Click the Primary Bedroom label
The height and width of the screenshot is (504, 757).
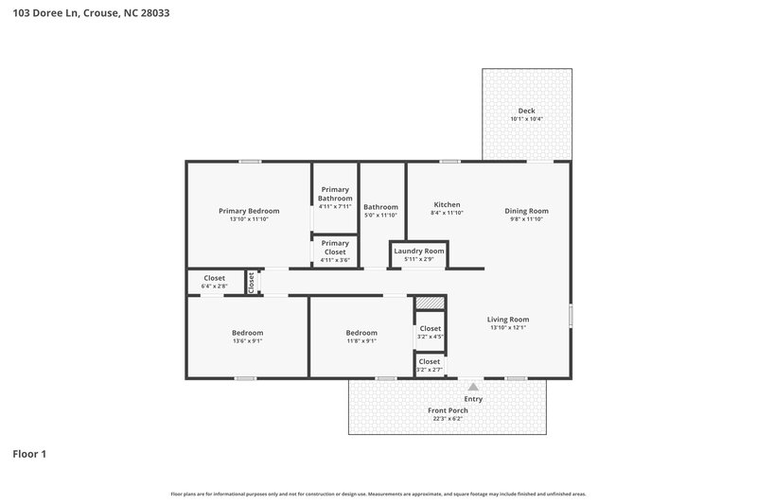pyautogui.click(x=249, y=211)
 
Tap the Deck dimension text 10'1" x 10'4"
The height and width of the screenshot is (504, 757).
pyautogui.click(x=526, y=119)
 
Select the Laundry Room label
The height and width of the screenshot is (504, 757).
pyautogui.click(x=418, y=251)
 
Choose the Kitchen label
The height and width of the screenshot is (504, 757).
pyautogui.click(x=447, y=205)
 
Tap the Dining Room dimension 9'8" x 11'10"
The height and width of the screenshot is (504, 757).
pyautogui.click(x=526, y=218)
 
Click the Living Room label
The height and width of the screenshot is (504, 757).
pyautogui.click(x=508, y=320)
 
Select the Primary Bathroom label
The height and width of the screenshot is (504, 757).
pyautogui.click(x=334, y=194)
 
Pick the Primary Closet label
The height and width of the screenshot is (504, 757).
pyautogui.click(x=334, y=247)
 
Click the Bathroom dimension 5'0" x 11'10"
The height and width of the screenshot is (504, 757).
pyautogui.click(x=380, y=215)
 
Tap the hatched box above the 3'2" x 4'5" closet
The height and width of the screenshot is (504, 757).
pyautogui.click(x=430, y=303)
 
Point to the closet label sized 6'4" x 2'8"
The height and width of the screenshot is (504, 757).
pyautogui.click(x=214, y=278)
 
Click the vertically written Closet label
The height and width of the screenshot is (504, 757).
pyautogui.click(x=251, y=282)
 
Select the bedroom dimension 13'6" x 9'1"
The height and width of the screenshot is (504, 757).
pyautogui.click(x=248, y=341)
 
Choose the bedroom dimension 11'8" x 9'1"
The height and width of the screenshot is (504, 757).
pyautogui.click(x=361, y=341)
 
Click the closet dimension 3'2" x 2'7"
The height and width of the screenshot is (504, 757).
pyautogui.click(x=430, y=370)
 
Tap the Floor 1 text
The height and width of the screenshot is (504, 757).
pyautogui.click(x=29, y=454)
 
